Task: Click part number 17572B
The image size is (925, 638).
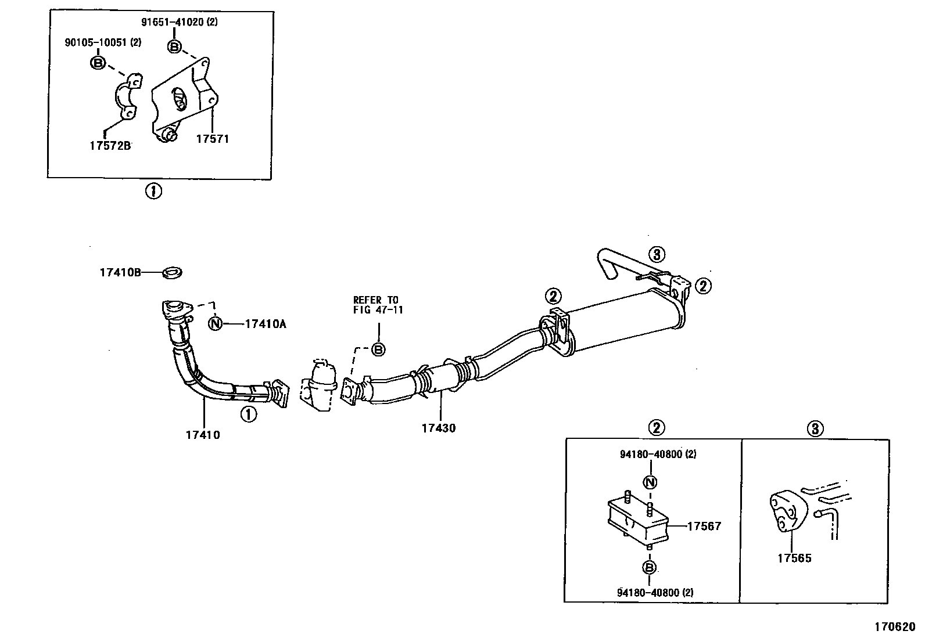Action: coord(110,146)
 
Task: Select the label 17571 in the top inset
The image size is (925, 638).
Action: coord(212,139)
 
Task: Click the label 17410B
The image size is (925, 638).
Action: coord(120,272)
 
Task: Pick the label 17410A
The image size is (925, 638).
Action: coord(266,324)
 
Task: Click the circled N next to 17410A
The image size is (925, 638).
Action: coord(216,323)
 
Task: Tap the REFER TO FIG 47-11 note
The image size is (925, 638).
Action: coord(378,305)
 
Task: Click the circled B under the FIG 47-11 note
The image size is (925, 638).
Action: coord(378,349)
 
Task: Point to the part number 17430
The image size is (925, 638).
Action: coord(439,428)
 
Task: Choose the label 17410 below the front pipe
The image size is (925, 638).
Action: coord(203,434)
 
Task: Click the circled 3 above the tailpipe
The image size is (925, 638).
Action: coord(656,254)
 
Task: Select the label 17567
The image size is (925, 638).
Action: coord(704,526)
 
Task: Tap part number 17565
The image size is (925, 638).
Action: coord(794,558)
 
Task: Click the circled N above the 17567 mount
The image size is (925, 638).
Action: coord(650,482)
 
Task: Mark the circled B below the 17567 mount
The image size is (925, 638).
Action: coord(650,567)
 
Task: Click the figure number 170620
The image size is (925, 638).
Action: coord(895,627)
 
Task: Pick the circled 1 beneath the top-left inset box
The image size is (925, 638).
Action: coord(153,190)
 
